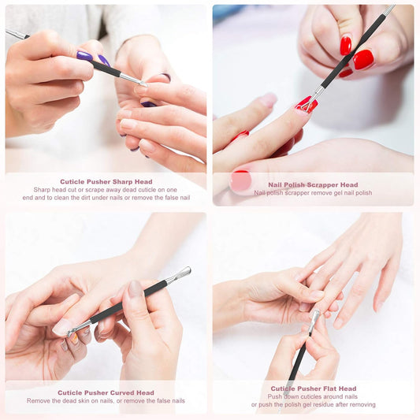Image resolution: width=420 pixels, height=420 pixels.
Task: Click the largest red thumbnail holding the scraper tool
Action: click(362, 59)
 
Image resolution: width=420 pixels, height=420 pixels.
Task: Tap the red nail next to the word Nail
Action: click(241, 181)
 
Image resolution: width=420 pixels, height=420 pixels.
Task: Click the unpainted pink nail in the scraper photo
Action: click(269, 100)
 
